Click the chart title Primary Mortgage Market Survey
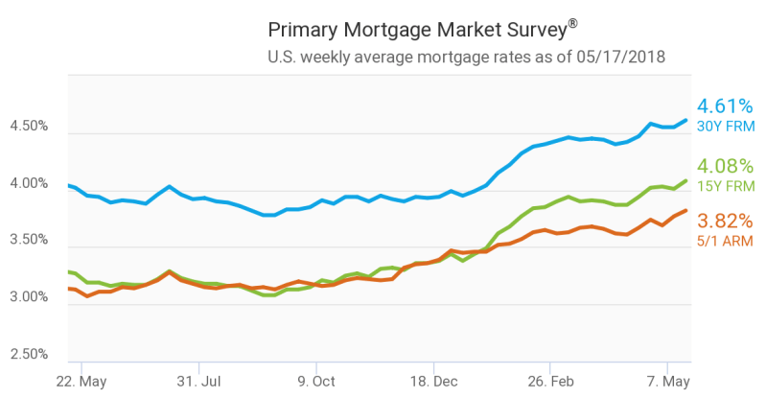click(x=418, y=31)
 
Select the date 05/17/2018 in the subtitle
click(x=620, y=57)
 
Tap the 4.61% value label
click(x=725, y=105)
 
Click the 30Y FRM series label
click(x=726, y=127)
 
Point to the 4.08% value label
click(x=725, y=166)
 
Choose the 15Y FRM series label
click(x=726, y=186)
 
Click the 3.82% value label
click(x=725, y=221)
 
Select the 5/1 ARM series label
click(x=725, y=241)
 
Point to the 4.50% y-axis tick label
click(x=29, y=126)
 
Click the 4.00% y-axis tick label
click(x=29, y=183)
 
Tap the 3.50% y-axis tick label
click(x=29, y=240)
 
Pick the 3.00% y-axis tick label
click(x=29, y=296)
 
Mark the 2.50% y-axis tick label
click(x=29, y=354)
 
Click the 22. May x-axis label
click(x=81, y=382)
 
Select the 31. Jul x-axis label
click(x=198, y=382)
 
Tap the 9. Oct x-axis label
click(x=316, y=382)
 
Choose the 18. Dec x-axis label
click(x=433, y=382)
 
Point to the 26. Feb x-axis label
click(x=550, y=382)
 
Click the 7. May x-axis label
click(x=668, y=382)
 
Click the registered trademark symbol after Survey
click(x=572, y=23)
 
